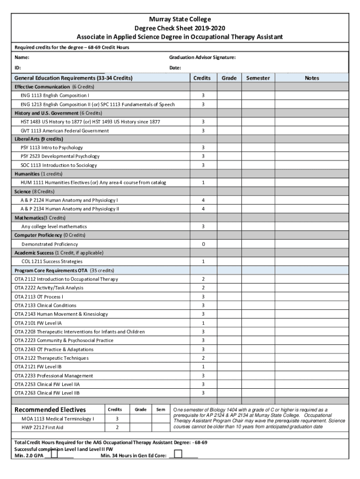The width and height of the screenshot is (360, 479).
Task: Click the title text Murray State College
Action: click(180, 19)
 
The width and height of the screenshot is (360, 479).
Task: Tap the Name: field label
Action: click(22, 58)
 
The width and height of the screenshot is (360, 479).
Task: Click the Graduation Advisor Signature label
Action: click(202, 58)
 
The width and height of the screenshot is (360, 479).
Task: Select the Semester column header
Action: click(258, 78)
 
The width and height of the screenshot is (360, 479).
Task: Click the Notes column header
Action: click(311, 78)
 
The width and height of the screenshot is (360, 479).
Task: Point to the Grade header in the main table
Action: click(229, 78)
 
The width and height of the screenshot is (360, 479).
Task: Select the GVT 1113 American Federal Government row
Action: click(65, 131)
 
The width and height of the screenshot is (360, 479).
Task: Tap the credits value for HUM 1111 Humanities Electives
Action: click(203, 182)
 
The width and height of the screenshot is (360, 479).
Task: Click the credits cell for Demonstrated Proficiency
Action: click(203, 244)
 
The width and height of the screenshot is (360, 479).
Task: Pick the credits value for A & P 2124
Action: click(203, 200)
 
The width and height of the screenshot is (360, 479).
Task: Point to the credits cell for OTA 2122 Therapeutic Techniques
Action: click(203, 358)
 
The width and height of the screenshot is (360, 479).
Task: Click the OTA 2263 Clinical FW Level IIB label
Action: click(47, 393)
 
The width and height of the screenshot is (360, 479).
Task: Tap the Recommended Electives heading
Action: click(50, 410)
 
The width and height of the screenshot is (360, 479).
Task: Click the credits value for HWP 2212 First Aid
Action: click(117, 428)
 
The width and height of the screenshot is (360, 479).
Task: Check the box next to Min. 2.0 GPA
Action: click(55, 454)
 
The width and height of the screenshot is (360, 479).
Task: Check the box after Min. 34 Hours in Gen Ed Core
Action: click(178, 454)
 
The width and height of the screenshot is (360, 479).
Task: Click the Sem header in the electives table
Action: click(161, 410)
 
